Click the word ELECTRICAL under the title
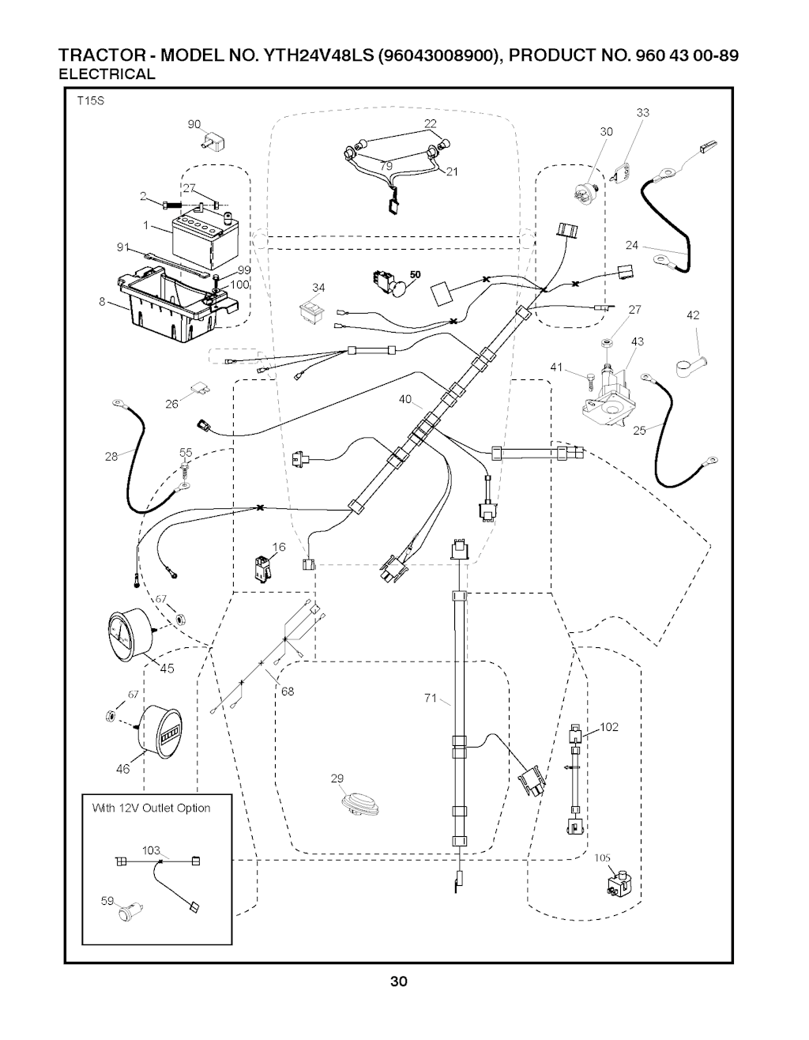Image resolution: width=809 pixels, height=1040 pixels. coord(108,75)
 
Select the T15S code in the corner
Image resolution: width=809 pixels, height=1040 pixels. coord(90,101)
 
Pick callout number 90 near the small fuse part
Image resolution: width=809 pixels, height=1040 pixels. coord(194,124)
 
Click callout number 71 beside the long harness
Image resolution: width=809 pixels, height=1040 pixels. coord(431,697)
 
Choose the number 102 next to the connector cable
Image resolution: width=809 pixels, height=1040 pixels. coord(609,727)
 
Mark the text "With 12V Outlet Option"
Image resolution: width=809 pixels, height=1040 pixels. coord(152,808)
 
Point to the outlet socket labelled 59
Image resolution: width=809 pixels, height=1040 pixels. coord(127,914)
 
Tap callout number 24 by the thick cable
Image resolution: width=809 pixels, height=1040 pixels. coord(631,245)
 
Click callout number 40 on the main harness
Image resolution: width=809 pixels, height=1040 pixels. coord(405,400)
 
